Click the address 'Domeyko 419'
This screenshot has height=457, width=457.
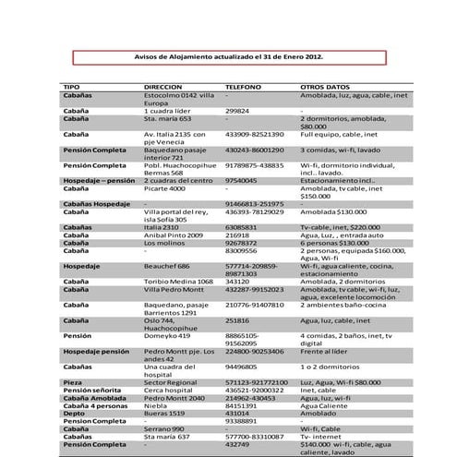click(166, 336)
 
